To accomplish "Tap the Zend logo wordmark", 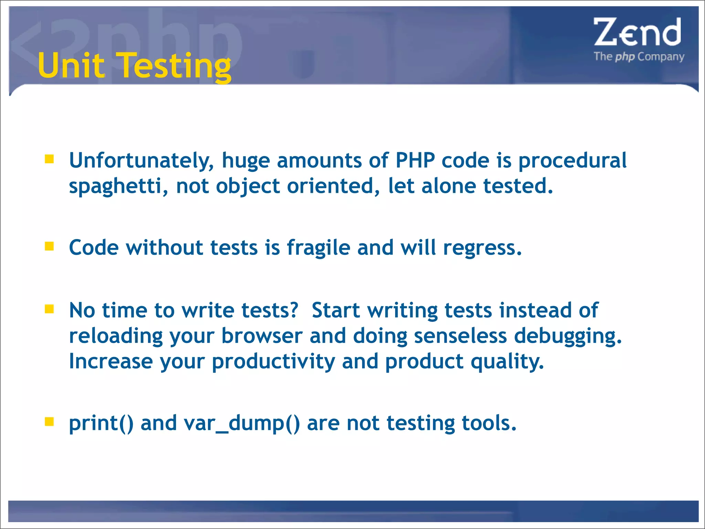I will (x=637, y=32).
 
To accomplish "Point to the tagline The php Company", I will (x=639, y=56).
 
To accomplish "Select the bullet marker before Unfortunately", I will (x=49, y=159).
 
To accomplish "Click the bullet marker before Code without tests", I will (x=49, y=246).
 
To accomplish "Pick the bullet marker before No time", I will (x=49, y=309).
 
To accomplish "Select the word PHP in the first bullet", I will (x=415, y=160).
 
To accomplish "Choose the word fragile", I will (x=318, y=248).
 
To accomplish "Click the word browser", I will (x=262, y=336).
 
